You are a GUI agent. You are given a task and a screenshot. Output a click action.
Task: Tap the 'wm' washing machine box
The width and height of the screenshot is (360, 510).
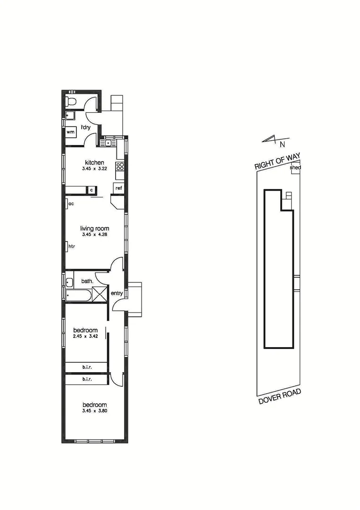click(x=71, y=133)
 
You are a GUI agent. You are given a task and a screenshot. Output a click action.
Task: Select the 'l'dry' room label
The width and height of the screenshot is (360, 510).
click(x=85, y=127)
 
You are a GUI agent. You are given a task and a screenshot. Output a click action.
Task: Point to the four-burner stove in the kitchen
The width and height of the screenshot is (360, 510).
click(x=120, y=166)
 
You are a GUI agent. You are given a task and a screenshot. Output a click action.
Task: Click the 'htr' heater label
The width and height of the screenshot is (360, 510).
click(x=72, y=246)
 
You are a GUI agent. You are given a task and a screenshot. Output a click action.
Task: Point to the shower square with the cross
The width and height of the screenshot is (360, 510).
click(x=100, y=294)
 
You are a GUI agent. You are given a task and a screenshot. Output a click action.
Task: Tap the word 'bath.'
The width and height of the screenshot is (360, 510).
click(x=87, y=281)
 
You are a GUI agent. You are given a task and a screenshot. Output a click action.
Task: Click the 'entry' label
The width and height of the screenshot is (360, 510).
click(x=117, y=293)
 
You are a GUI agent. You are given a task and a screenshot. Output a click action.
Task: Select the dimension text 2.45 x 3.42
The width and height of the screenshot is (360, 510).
click(x=85, y=336)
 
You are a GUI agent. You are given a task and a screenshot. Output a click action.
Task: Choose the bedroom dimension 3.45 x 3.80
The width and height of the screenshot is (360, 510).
click(x=94, y=411)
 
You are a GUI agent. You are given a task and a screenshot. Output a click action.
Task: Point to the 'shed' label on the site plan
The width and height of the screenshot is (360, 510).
click(x=295, y=168)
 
